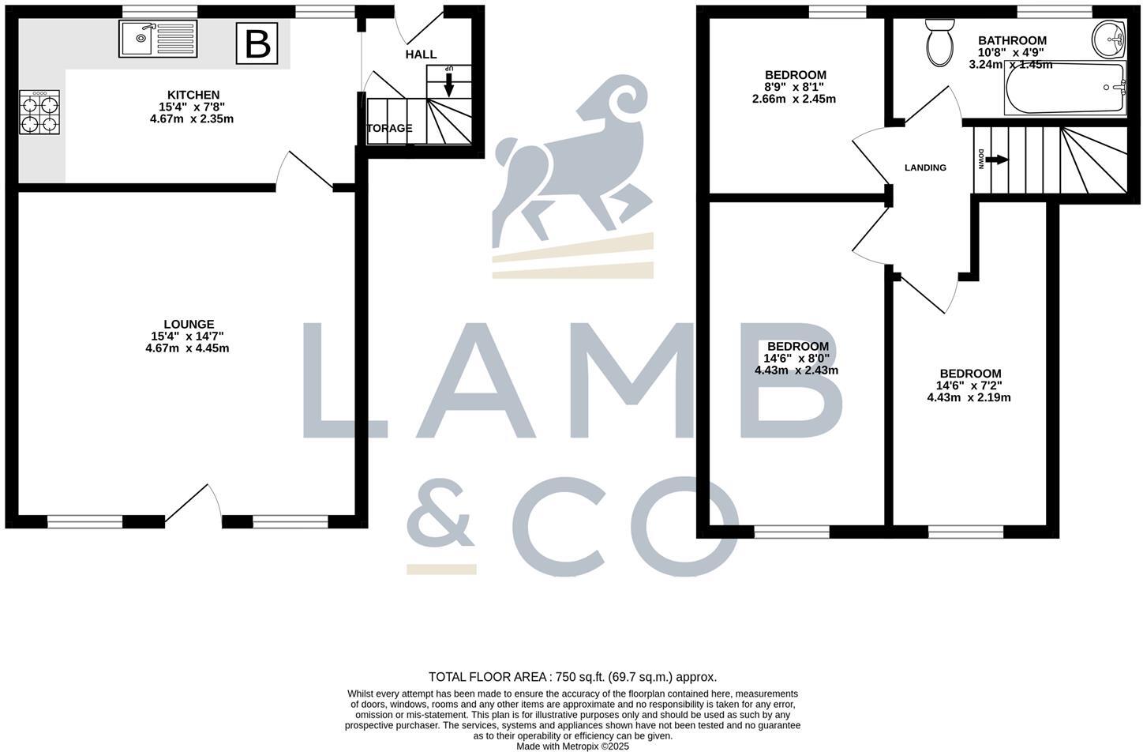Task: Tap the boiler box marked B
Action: (x=257, y=43)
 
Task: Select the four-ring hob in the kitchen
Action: (x=39, y=113)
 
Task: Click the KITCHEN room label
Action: (x=193, y=95)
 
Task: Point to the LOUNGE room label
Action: (x=189, y=324)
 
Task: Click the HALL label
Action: (x=421, y=55)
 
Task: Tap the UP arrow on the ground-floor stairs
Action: (x=448, y=82)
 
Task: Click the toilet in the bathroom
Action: (x=939, y=43)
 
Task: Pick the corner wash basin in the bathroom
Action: (x=1112, y=39)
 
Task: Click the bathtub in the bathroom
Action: (x=1065, y=88)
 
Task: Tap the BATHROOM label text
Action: (x=1012, y=40)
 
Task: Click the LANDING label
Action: (x=925, y=167)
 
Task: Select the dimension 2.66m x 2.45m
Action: (x=794, y=100)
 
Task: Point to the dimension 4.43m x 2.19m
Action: (x=969, y=398)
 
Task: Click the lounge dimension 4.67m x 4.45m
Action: (x=187, y=348)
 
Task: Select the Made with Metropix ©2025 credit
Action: (x=572, y=746)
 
